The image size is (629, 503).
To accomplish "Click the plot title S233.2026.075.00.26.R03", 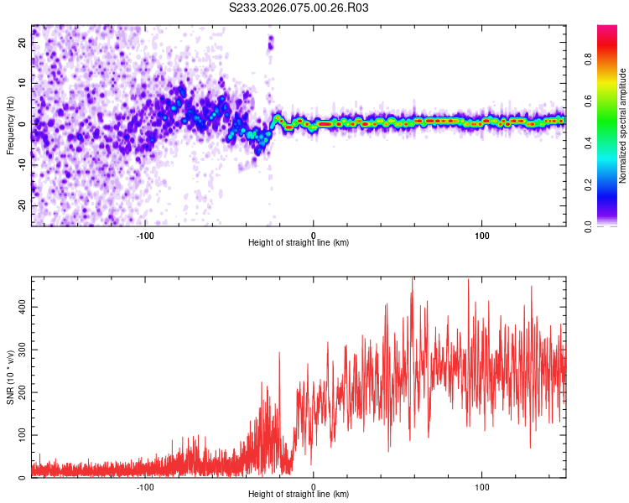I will click(x=299, y=8).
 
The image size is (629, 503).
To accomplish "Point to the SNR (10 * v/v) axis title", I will click(x=10, y=376).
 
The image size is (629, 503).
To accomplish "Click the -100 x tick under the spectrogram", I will click(x=144, y=235).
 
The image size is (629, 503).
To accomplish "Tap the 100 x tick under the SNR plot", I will click(x=482, y=487).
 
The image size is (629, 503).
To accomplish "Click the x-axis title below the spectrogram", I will click(x=299, y=243).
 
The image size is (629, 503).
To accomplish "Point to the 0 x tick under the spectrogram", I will click(x=314, y=235).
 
